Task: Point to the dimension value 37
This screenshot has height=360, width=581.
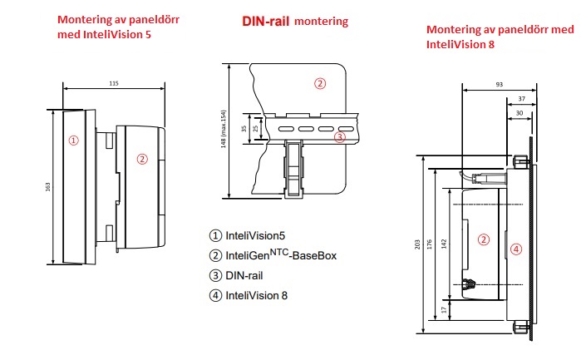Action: click(x=520, y=98)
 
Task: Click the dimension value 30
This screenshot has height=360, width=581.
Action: click(x=519, y=112)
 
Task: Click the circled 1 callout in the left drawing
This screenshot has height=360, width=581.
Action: click(x=73, y=140)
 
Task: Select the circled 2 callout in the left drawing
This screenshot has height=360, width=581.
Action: click(x=142, y=159)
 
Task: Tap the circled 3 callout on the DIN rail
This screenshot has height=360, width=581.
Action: click(x=339, y=136)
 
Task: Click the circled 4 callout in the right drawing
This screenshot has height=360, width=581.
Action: click(x=516, y=248)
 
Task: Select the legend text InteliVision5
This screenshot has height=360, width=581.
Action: click(x=258, y=235)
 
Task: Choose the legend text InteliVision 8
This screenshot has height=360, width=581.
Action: click(x=259, y=294)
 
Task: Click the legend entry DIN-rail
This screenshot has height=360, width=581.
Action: click(x=246, y=275)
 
